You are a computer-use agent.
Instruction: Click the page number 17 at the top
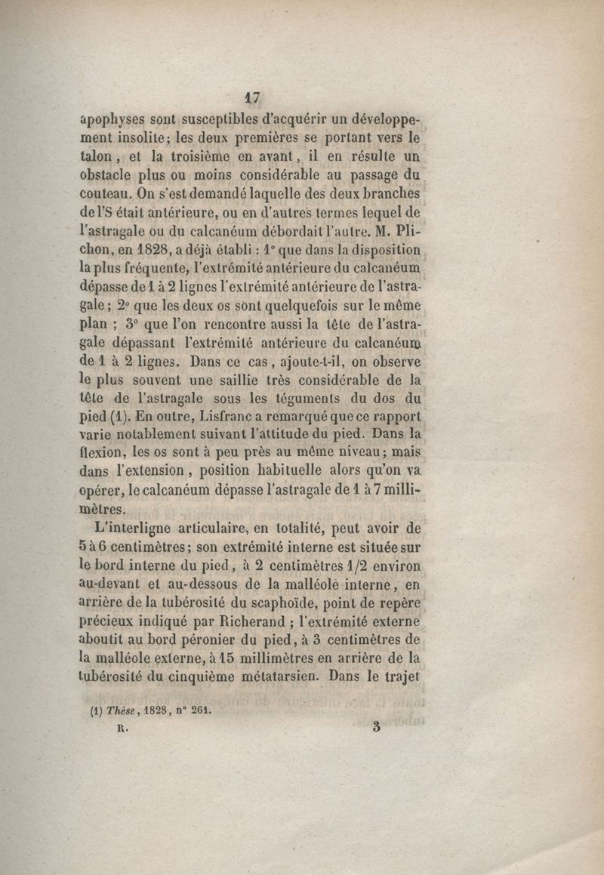[253, 97]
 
